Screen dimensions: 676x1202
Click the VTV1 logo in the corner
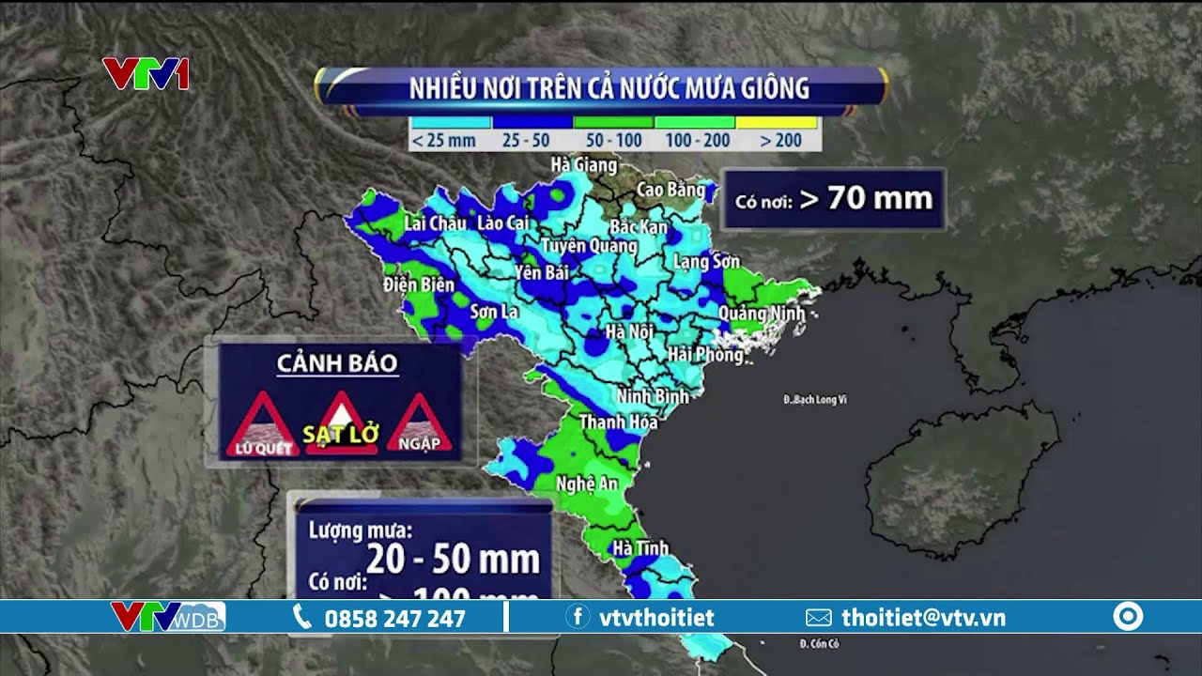pos(146,74)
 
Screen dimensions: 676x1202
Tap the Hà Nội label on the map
pos(629,331)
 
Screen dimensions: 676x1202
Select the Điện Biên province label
pos(419,284)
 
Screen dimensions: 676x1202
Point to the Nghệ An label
pos(587,484)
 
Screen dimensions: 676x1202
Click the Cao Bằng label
pos(670,190)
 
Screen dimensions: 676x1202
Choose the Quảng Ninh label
pos(762,313)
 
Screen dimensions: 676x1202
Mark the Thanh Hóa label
pos(618,422)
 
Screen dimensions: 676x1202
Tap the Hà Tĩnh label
pos(640,547)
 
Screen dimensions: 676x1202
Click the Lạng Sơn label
pos(706,262)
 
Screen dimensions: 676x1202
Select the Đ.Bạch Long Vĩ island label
pos(815,400)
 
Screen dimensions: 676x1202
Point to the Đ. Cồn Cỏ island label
pos(818,644)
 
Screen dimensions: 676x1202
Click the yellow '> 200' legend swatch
pos(777,123)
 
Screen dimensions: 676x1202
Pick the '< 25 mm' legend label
pos(443,141)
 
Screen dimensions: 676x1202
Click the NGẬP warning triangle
pos(420,427)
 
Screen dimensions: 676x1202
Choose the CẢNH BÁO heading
pos(337,363)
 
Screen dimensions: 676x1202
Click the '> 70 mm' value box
pos(833,198)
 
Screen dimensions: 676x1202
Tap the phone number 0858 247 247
pos(394,618)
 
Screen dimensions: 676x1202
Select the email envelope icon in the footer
pos(819,618)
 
